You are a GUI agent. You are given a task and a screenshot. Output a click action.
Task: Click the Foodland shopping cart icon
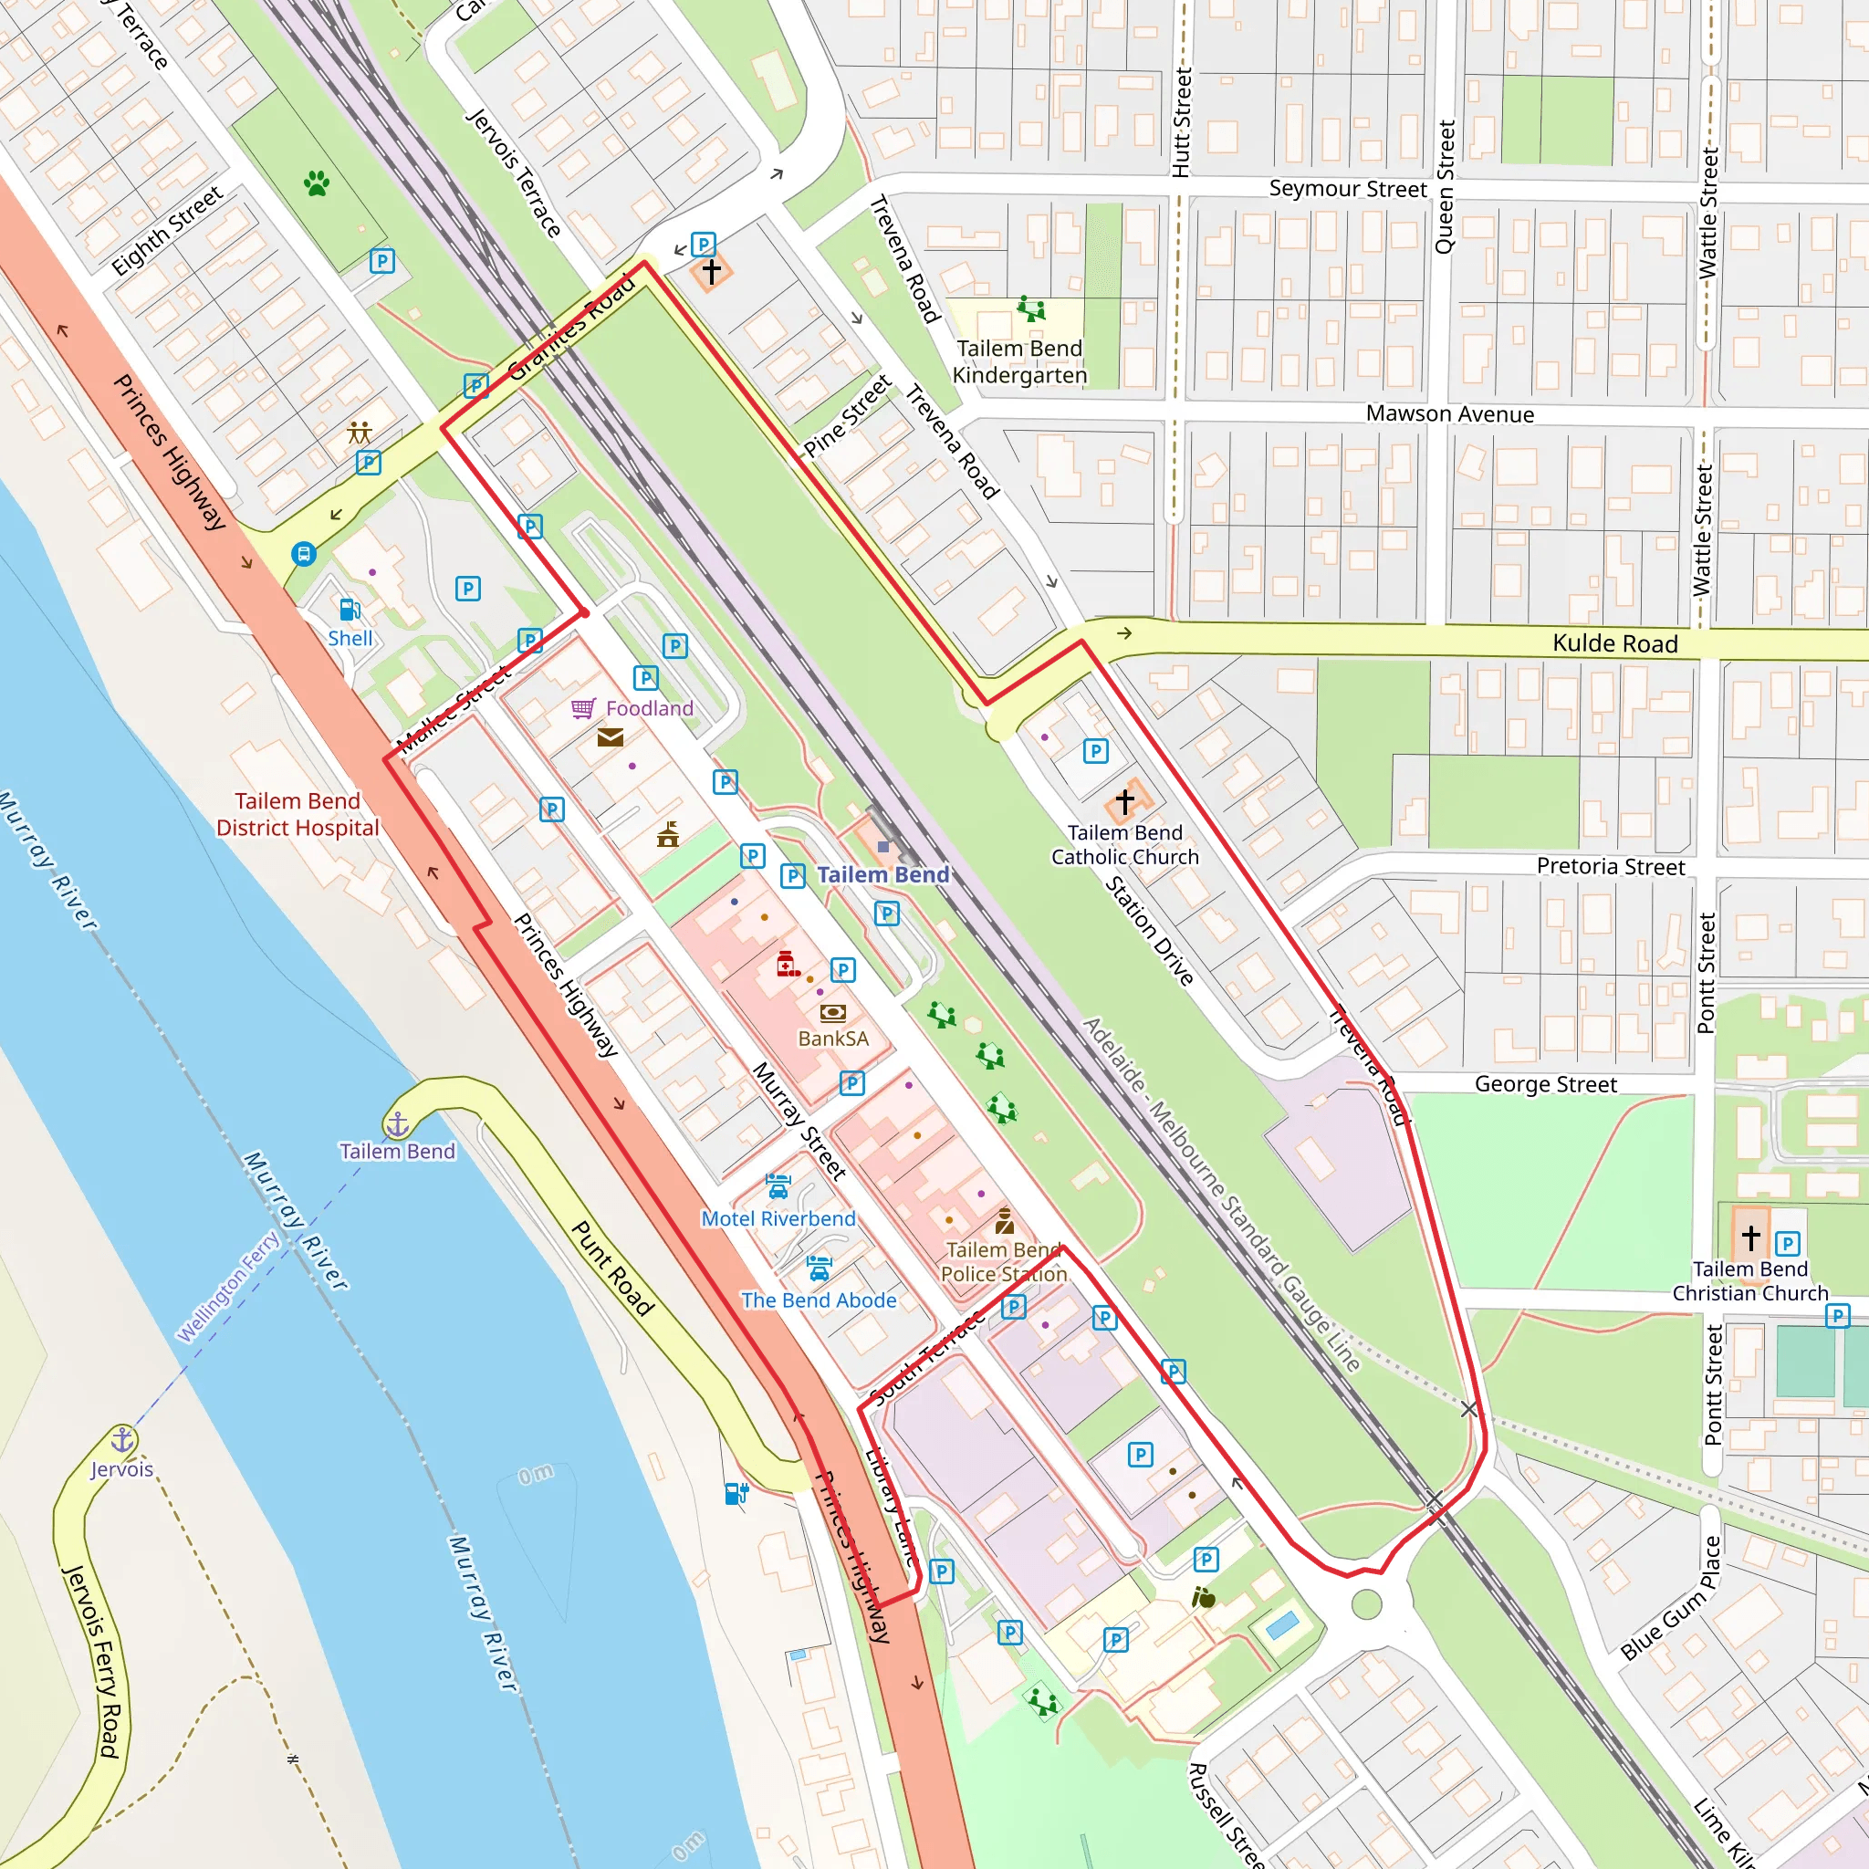coord(583,709)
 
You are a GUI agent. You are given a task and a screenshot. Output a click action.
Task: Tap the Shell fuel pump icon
coord(350,610)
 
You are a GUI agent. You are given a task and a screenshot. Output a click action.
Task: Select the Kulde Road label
coord(1614,644)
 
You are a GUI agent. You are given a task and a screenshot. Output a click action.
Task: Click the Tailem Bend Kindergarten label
coord(1019,361)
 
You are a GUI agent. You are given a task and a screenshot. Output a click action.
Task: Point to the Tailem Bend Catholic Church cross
coord(1124,801)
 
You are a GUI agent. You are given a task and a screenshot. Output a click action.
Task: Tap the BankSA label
coord(833,1039)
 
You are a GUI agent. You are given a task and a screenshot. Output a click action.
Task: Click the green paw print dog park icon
coord(318,183)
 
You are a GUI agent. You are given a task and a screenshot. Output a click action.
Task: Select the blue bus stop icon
coord(304,554)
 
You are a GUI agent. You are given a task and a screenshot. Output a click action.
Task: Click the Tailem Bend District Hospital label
coord(298,815)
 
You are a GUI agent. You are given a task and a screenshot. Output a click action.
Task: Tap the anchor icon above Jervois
coord(122,1439)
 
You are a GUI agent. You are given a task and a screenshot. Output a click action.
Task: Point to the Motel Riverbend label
coord(778,1219)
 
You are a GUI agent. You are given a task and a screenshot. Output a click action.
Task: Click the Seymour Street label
coord(1348,189)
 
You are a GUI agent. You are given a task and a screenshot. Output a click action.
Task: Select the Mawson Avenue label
coord(1450,414)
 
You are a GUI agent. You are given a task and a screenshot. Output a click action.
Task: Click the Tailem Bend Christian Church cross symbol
coord(1751,1237)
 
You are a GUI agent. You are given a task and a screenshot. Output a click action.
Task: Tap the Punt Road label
coord(612,1269)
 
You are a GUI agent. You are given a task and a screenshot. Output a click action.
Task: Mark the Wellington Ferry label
coord(228,1286)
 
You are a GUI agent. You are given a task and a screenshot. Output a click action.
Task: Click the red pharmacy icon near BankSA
coord(788,964)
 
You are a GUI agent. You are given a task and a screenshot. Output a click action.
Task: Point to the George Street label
coord(1545,1084)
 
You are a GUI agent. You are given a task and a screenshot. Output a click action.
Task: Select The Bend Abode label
coord(819,1300)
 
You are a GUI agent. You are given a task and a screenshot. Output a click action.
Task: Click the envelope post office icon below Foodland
coord(611,738)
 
